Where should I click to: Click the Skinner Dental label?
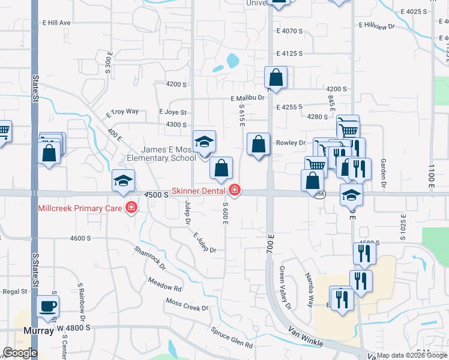coord(198,191)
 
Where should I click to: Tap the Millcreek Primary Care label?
coord(80,209)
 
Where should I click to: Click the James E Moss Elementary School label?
coord(161,154)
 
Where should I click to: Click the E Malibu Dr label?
coord(247,98)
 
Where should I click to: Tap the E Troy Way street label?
coord(122,112)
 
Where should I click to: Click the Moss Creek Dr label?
coord(187,305)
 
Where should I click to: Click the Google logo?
coord(19,353)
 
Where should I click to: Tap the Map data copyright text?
coord(412,355)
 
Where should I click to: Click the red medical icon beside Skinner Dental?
coord(234,190)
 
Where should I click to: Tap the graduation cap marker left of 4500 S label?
coord(123,181)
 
